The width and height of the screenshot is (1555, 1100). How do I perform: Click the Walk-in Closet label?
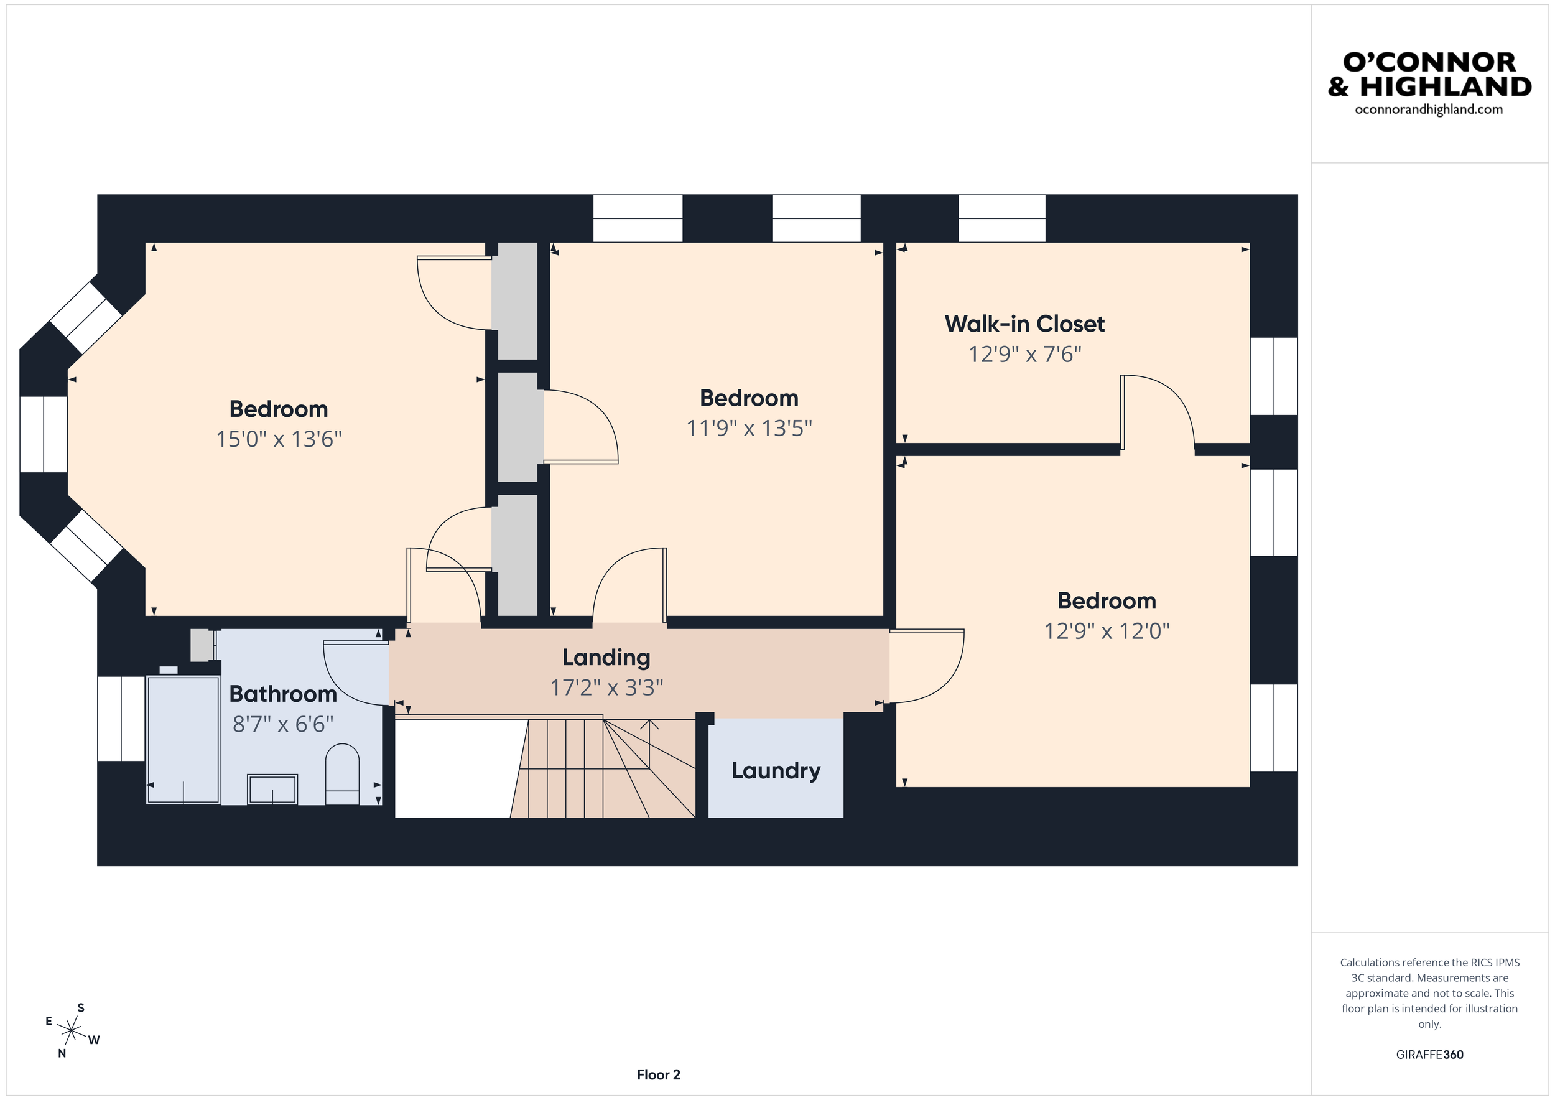pos(1024,324)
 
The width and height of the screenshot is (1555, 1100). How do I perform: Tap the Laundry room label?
pos(776,770)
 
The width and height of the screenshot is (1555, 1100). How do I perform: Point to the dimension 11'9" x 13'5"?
pos(748,428)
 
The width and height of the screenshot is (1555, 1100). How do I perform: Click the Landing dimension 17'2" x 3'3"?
pos(606,687)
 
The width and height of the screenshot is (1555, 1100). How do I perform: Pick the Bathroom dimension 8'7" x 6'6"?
pos(282,724)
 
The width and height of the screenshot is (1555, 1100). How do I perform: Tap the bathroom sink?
pos(272,789)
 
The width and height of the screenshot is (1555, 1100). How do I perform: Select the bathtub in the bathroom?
pos(183,739)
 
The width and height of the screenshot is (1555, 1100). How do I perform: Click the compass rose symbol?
pos(71,1031)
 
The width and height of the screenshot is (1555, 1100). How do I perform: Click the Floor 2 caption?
pos(657,1074)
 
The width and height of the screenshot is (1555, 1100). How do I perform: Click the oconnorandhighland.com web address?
pos(1428,110)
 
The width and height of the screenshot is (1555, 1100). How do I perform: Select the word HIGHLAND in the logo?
pos(1446,86)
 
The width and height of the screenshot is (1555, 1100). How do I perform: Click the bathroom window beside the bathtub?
pos(121,718)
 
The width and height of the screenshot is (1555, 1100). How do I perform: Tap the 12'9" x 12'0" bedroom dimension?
pos(1107,632)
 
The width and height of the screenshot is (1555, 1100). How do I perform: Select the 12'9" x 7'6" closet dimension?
pos(1024,354)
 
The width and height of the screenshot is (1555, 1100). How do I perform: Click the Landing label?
pos(606,657)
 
